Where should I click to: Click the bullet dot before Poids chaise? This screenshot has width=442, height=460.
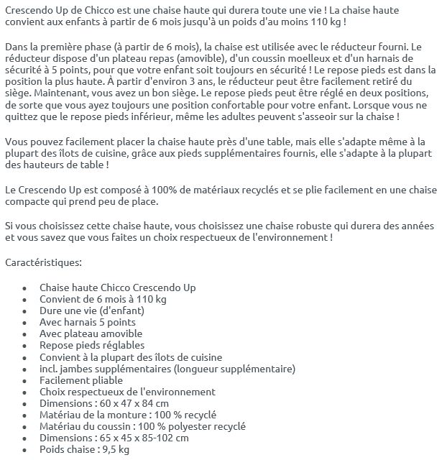tap(24, 450)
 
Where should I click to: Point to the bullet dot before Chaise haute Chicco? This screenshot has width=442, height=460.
tap(24, 288)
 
